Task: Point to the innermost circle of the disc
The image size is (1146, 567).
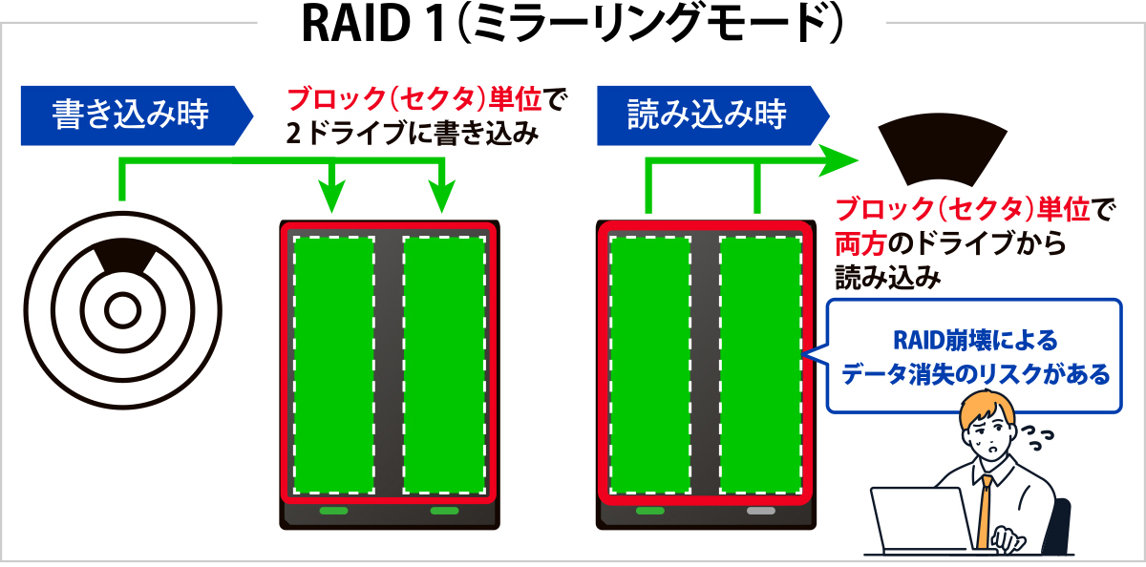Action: click(x=122, y=309)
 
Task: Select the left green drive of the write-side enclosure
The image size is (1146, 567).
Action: click(x=333, y=365)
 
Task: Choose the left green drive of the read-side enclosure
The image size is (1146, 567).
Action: click(x=649, y=365)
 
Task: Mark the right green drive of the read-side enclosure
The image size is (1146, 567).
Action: click(x=760, y=365)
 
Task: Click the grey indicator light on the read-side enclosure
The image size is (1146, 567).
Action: click(x=760, y=511)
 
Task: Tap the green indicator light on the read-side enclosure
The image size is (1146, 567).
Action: click(x=649, y=511)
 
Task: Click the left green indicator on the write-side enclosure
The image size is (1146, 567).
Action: click(x=333, y=511)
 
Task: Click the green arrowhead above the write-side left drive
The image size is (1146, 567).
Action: click(x=332, y=199)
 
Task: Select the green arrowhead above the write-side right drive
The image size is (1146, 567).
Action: click(x=442, y=199)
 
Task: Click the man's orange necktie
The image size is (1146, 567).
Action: click(x=985, y=511)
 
